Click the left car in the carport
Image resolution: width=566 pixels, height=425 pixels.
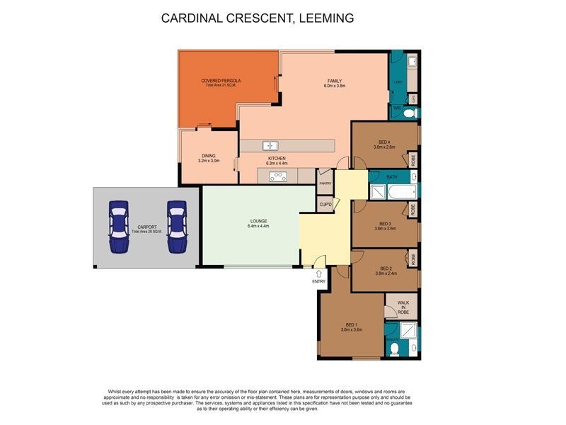tap(118, 227)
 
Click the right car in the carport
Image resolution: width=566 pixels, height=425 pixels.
tap(176, 227)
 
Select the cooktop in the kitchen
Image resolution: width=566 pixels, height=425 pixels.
tap(277, 178)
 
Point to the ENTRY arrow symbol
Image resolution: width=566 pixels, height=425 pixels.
tap(319, 273)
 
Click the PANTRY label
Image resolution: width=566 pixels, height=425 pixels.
tap(325, 183)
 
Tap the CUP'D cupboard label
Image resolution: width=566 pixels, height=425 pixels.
tap(325, 205)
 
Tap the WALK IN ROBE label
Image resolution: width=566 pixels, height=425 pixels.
tap(403, 306)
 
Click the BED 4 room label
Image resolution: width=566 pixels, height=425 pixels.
tap(383, 142)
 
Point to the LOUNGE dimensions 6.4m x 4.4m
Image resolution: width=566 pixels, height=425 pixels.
tap(258, 226)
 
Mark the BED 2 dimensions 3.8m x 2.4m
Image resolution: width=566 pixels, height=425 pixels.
tap(386, 273)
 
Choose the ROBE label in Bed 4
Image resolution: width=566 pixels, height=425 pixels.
tap(413, 159)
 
